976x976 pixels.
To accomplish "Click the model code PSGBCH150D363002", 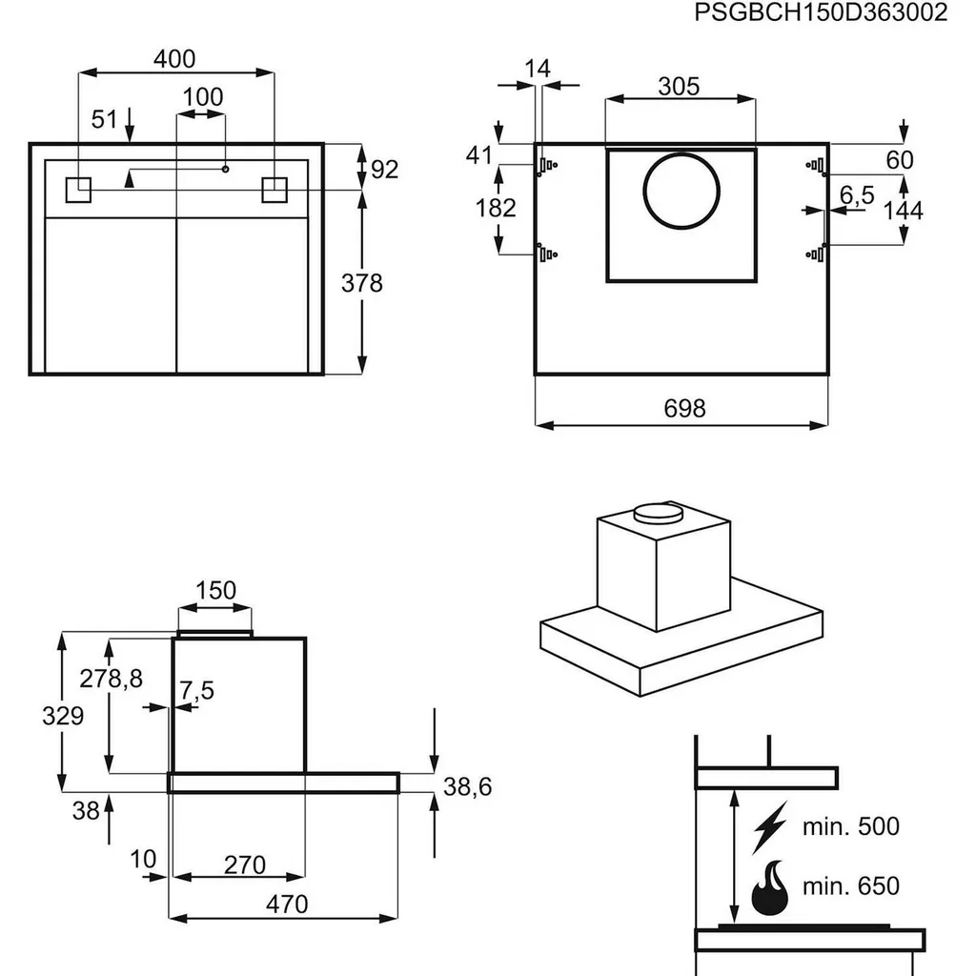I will pos(821,13).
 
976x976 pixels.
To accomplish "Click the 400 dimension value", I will pos(174,59).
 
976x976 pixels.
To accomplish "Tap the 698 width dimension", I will pos(684,408).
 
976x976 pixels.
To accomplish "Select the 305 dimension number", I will pos(679,87).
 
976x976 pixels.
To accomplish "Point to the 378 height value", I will pos(361,283).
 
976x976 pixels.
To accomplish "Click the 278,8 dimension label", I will pos(111,679).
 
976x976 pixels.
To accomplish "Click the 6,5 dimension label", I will pos(857,195).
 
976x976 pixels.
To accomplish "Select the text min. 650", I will pos(850,885).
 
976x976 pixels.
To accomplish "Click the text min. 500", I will pos(850,826).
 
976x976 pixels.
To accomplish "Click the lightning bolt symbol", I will pos(771,826).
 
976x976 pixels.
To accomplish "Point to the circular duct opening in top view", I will pos(681,192).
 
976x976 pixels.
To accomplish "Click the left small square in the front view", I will pos(77,190).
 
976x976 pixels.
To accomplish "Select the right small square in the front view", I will pos(274,190).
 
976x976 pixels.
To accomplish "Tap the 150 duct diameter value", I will pos(215,590).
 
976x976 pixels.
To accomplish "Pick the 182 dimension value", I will pos(496,207).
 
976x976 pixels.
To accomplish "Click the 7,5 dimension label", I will pos(196,691).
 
